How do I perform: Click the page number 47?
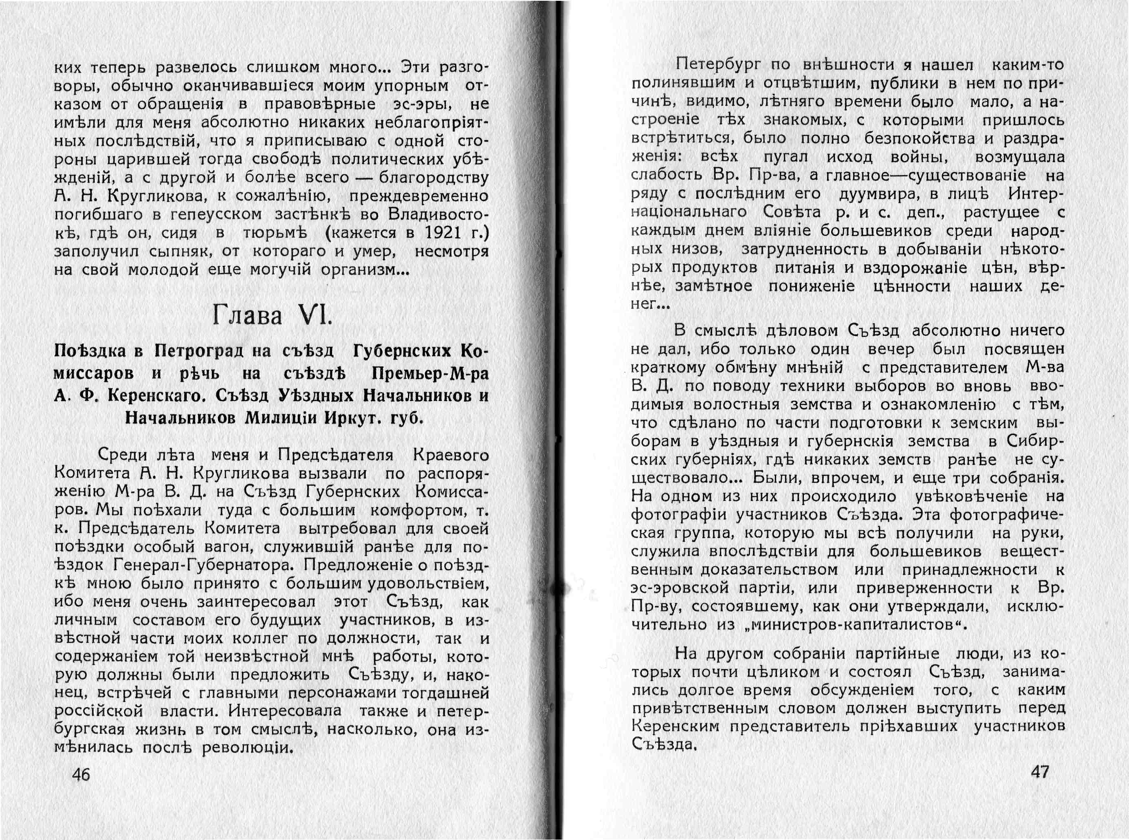(x=1039, y=772)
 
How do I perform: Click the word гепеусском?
(x=216, y=214)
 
